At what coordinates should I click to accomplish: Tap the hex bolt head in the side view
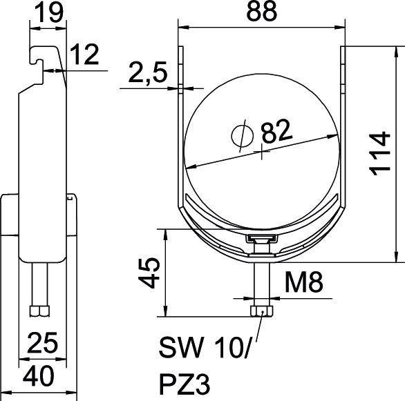click(40, 311)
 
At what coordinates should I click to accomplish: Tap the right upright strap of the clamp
click(343, 124)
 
